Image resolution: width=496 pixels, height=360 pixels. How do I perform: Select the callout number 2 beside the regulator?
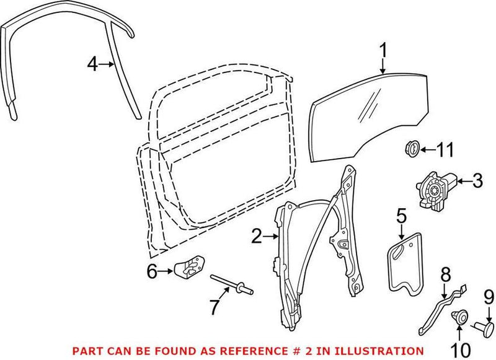256,236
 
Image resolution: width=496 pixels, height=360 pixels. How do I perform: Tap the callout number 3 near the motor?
477,181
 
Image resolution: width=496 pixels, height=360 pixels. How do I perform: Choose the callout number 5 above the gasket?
401,216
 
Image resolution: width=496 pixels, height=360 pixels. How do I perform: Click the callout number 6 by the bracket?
152,271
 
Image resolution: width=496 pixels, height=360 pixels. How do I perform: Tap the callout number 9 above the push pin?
487,297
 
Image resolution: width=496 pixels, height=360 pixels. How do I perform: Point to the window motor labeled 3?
435,185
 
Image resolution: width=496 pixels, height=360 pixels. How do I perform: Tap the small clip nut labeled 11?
410,149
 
